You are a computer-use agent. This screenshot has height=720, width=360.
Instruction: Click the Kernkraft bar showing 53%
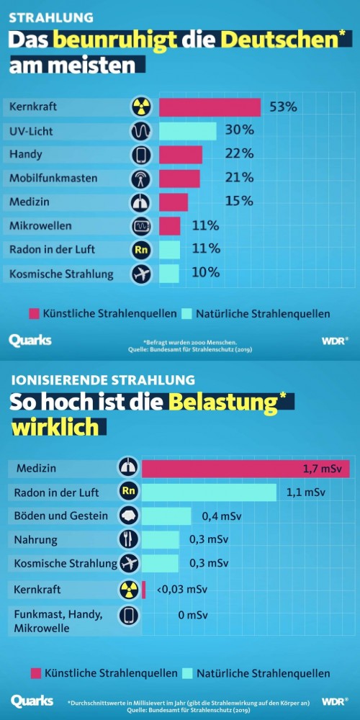[210, 107]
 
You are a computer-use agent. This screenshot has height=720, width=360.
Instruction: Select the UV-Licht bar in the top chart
[187, 131]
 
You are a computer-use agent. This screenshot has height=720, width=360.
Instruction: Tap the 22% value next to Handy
[239, 154]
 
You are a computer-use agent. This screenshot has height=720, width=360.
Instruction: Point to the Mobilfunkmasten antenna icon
[140, 179]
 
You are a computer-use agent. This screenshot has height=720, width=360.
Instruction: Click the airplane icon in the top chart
[140, 274]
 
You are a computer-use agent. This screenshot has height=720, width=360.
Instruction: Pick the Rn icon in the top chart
[140, 250]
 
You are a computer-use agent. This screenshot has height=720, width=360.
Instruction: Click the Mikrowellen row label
[40, 226]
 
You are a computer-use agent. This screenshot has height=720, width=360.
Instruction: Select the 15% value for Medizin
[239, 201]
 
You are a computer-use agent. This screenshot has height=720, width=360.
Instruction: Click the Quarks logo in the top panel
[30, 340]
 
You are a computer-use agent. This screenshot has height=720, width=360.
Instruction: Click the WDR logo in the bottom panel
[335, 701]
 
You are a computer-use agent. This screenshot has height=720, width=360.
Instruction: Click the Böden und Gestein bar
[166, 516]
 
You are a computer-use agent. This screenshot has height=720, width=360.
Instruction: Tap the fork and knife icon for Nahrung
[128, 539]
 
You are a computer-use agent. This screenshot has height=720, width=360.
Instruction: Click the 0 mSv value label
[193, 616]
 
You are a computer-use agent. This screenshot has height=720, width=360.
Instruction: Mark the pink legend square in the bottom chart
[35, 673]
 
